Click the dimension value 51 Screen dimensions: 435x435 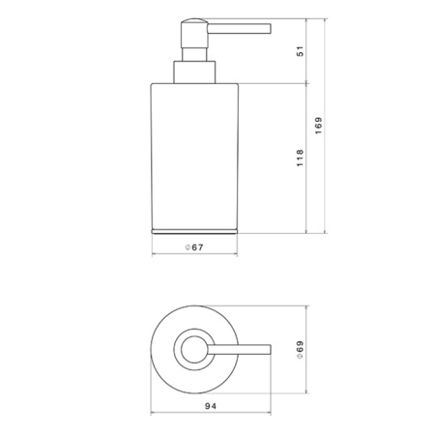pos(300,51)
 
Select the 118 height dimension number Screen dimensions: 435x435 pos(300,158)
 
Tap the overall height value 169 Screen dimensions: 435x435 pos(319,126)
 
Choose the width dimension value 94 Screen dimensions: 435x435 pos(211,406)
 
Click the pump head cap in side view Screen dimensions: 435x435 pos(194,33)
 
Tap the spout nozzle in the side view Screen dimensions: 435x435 pos(239,29)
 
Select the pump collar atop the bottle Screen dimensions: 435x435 pos(194,72)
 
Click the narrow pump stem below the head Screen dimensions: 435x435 pos(194,54)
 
